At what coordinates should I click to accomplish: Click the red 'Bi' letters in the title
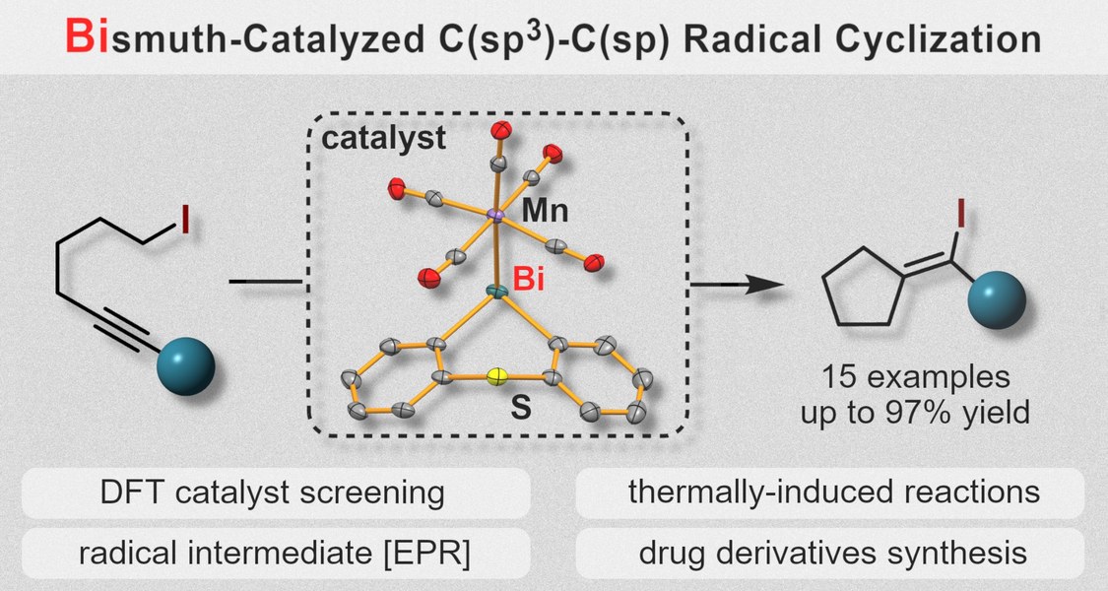(x=87, y=38)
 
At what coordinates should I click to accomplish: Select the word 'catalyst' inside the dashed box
(x=384, y=139)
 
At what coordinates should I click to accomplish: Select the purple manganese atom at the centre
(x=496, y=214)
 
